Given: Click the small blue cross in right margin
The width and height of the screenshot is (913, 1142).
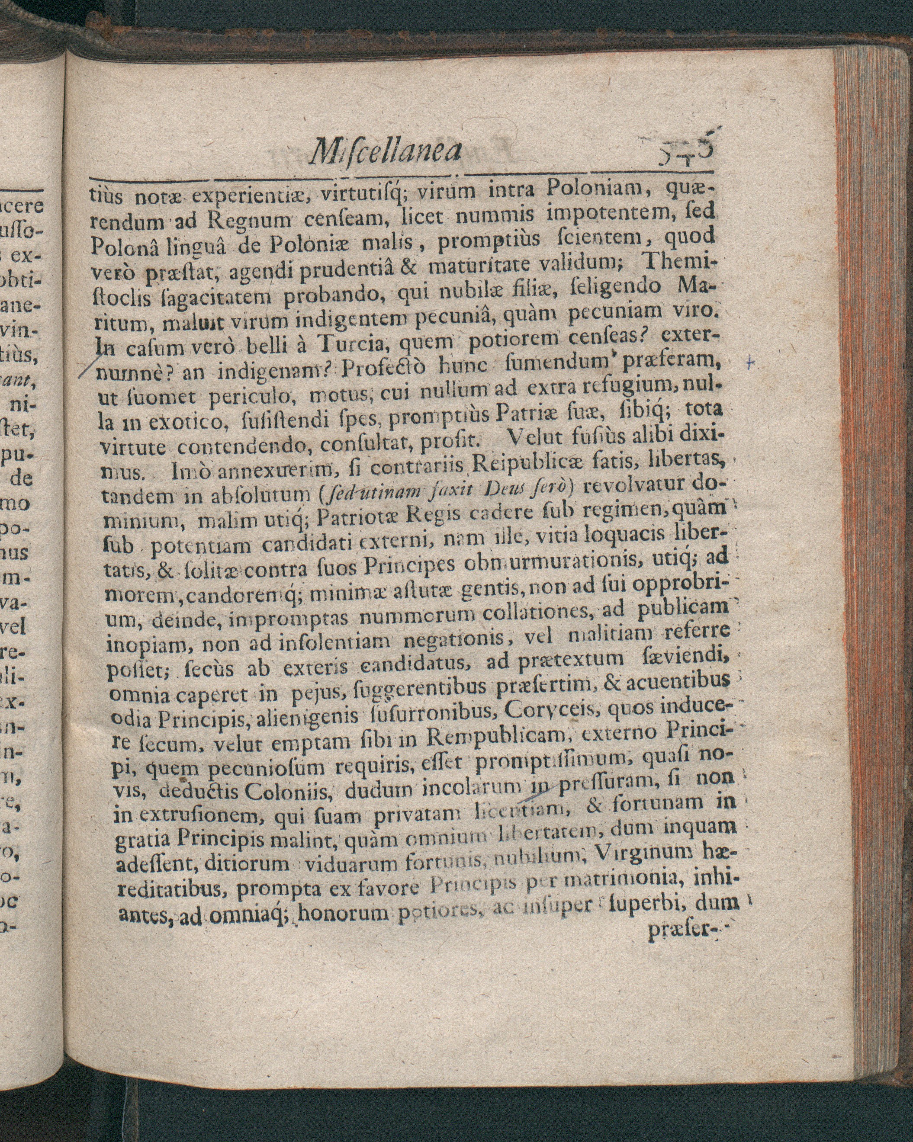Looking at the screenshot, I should click(749, 363).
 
